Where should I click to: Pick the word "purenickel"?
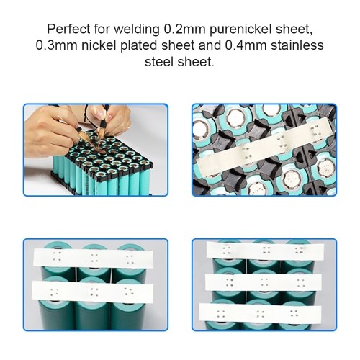240,30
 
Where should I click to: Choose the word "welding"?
136,30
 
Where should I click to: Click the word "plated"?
139,46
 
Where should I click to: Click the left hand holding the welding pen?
52,128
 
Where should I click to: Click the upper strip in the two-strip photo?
93,257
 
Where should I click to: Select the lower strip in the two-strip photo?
92,291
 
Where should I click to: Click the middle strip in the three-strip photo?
264,282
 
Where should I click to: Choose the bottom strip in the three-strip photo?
260,313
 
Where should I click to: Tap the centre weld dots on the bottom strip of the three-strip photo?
261,313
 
